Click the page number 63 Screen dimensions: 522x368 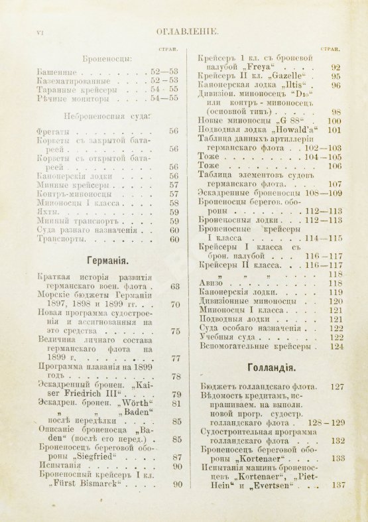175,287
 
